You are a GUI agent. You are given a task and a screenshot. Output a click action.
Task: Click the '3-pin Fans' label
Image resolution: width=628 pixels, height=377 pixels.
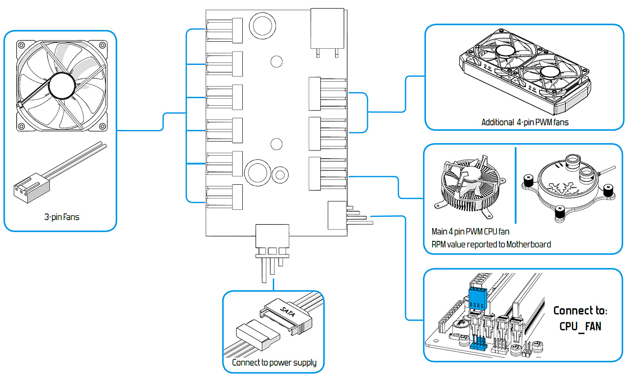coord(61,216)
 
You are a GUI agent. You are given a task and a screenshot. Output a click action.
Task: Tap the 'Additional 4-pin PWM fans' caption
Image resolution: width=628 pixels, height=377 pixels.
coord(524,122)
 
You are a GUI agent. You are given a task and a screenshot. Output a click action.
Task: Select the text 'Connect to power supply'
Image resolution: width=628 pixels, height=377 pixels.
coord(274,363)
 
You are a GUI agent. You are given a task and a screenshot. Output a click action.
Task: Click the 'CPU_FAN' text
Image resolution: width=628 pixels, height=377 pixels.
coord(580,326)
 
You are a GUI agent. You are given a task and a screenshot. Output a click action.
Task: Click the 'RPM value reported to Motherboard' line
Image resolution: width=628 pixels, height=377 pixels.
coord(490,244)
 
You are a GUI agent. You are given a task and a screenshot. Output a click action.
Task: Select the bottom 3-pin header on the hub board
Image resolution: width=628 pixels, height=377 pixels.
coord(225,197)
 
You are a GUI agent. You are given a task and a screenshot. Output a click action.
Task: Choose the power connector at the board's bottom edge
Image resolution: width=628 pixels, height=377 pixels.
coord(272,236)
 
